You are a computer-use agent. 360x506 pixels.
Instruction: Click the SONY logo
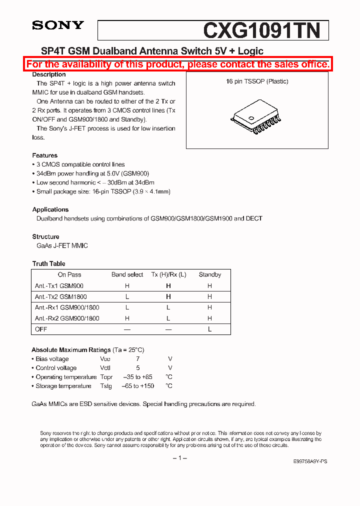pyautogui.click(x=58, y=25)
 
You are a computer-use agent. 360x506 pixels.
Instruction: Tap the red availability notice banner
pyautogui.click(x=178, y=64)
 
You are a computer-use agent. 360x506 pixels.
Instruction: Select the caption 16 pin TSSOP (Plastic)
pyautogui.click(x=257, y=81)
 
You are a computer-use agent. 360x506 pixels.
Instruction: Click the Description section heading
pyautogui.click(x=49, y=74)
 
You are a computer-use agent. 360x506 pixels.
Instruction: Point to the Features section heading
pyautogui.click(x=44, y=155)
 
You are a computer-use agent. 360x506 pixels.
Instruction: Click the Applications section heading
pyautogui.click(x=50, y=209)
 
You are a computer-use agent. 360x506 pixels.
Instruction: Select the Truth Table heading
pyautogui.click(x=48, y=263)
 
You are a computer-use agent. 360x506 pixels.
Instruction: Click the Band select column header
pyautogui.click(x=127, y=274)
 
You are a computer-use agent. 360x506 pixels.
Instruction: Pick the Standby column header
pyautogui.click(x=209, y=274)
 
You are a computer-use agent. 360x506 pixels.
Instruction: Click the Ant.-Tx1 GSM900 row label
pyautogui.click(x=59, y=286)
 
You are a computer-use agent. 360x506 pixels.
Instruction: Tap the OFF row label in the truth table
pyautogui.click(x=41, y=329)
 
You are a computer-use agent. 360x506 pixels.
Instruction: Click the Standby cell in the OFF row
pyautogui.click(x=209, y=329)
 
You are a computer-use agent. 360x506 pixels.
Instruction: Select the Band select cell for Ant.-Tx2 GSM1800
pyautogui.click(x=127, y=297)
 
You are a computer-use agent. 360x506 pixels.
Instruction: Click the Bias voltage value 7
pyautogui.click(x=137, y=359)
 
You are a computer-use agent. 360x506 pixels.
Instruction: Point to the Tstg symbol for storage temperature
pyautogui.click(x=105, y=386)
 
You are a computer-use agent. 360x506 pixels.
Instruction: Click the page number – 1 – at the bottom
pyautogui.click(x=179, y=458)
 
